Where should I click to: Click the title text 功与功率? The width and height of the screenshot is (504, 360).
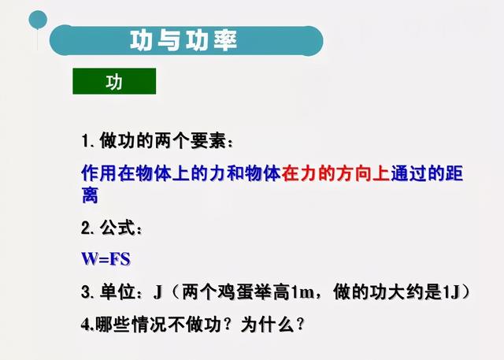coord(183,40)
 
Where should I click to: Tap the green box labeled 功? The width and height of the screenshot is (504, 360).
coord(114,81)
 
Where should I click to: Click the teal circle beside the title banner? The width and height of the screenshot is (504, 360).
coord(38,20)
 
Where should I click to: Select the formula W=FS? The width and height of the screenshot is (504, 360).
coord(106,258)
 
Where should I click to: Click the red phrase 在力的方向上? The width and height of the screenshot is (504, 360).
coord(336,173)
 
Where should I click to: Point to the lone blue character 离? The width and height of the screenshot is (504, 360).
coord(90,195)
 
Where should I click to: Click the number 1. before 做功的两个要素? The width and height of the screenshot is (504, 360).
coord(88,141)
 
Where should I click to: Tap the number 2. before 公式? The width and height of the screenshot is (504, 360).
coord(87,228)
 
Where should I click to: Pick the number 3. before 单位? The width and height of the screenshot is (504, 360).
coord(87,292)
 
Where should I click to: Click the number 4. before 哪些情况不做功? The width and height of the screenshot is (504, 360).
coord(88,325)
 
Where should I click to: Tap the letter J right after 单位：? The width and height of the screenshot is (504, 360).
coord(157,292)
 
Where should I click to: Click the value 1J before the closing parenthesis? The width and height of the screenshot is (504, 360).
coord(450,292)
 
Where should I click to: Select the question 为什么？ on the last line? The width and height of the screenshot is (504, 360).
coord(272,325)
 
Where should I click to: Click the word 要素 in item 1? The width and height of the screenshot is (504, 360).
coord(208,141)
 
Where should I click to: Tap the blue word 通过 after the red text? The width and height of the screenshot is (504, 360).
coord(409,173)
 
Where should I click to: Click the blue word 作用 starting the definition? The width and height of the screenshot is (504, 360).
coord(99,173)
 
